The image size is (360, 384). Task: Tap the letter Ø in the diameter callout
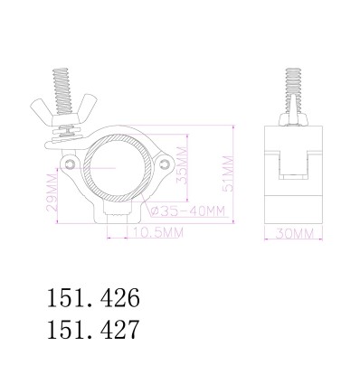156,211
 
